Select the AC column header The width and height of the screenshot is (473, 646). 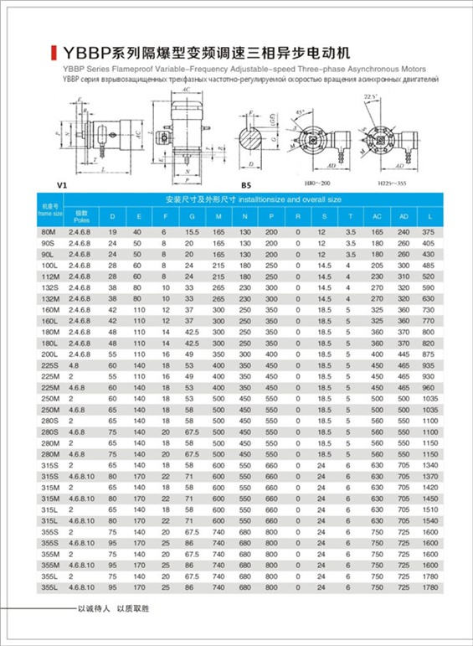377,216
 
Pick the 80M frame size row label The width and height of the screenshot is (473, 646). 48,230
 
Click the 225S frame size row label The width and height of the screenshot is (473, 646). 48,366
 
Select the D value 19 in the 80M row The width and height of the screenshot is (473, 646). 112,230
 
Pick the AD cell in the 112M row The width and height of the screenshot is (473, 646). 404,276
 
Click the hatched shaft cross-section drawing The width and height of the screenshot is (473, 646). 251,135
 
